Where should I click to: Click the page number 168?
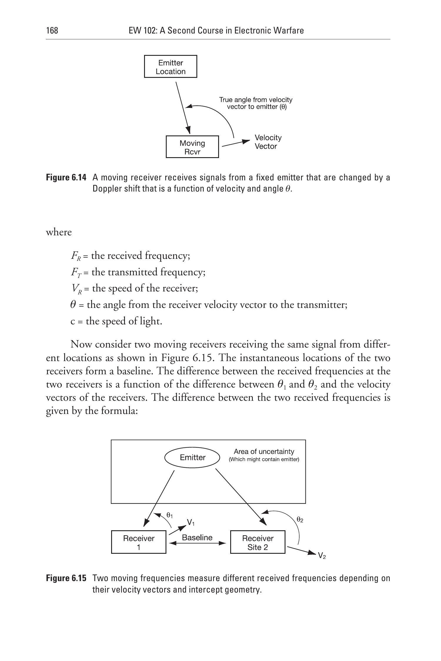point(52,31)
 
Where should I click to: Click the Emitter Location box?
point(171,67)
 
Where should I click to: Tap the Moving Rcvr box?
point(192,147)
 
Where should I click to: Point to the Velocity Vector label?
point(268,142)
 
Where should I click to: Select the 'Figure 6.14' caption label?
point(66,177)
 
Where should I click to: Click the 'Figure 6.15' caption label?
point(66,578)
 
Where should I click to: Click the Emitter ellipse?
point(192,457)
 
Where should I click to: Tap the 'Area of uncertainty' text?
point(264,452)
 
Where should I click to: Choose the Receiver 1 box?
point(138,542)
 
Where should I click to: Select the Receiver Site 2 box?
point(258,542)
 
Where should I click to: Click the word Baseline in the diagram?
point(197,538)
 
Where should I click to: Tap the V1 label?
point(191,522)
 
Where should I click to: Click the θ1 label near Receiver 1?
point(170,515)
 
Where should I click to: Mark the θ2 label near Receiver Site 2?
point(300,520)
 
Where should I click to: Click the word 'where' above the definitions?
point(59,232)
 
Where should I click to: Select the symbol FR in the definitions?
point(75,256)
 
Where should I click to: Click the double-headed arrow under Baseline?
point(198,543)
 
